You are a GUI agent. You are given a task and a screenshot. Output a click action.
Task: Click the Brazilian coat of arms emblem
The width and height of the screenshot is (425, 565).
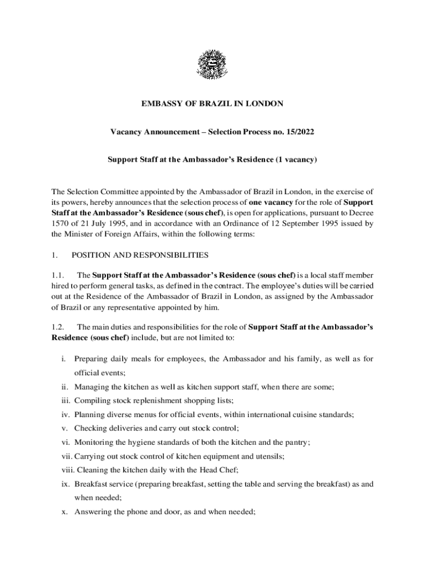coord(212,65)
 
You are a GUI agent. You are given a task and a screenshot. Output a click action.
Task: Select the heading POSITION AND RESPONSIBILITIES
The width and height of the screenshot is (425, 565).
coord(140,255)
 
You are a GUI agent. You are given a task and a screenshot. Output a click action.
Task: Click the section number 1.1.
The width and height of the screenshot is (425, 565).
coord(58,275)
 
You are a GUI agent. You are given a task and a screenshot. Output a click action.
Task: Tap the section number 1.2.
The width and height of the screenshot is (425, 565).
coord(58,327)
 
